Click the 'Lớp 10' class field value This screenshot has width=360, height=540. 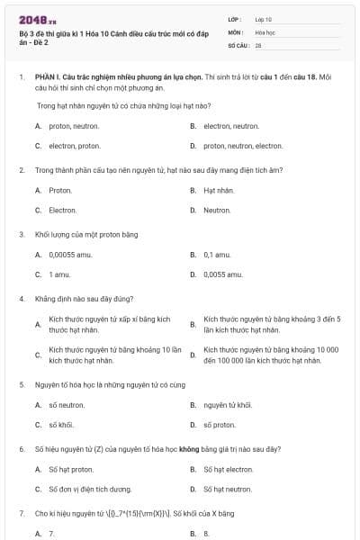[264, 19]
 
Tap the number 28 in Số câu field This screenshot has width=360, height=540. [258, 44]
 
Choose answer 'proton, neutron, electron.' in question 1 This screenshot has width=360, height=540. [230, 146]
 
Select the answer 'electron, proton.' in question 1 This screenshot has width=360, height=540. [75, 146]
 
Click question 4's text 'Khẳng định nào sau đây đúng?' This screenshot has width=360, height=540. [85, 298]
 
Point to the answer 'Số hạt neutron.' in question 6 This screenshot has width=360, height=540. [228, 489]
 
